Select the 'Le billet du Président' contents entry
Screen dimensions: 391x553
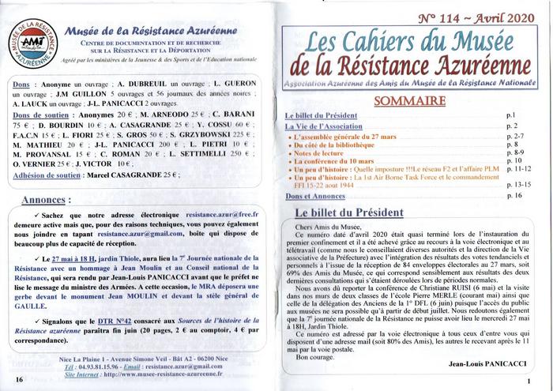click(321, 116)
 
